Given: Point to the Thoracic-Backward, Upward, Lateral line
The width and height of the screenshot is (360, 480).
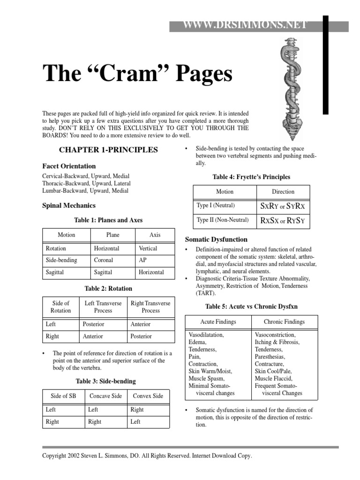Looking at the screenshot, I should point(86,183).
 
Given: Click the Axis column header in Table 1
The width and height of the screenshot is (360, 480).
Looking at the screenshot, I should point(155,235).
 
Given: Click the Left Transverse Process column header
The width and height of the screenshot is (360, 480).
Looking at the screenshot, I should point(103,307).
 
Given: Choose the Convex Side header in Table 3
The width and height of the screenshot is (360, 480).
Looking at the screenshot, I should point(148,396).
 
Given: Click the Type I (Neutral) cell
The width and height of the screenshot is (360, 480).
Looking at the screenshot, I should point(216,205).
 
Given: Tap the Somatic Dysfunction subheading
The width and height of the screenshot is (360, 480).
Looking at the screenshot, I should point(217,239).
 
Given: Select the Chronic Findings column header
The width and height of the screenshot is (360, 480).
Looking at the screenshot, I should point(284,322).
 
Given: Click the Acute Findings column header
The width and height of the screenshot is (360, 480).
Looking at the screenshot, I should point(218,322).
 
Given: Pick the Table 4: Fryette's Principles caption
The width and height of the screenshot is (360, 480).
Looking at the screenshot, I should point(251,177).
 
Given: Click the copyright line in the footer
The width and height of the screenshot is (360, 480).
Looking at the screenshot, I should point(147,456).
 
